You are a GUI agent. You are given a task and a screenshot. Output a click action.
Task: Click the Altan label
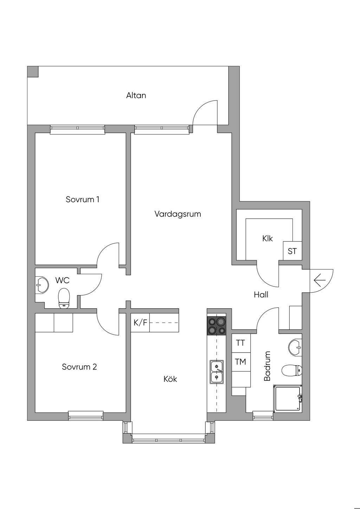pyautogui.click(x=136, y=95)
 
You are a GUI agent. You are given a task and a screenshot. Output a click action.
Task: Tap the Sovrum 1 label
pyautogui.click(x=82, y=200)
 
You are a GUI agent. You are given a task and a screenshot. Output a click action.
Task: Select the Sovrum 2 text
pyautogui.click(x=79, y=367)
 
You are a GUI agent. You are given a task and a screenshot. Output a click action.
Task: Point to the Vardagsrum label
pyautogui.click(x=178, y=214)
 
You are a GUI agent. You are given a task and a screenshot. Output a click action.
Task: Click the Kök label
pyautogui.click(x=170, y=379)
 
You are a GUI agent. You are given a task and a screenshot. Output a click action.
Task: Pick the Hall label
pyautogui.click(x=261, y=295)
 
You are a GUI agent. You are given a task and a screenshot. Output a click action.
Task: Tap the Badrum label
pyautogui.click(x=268, y=366)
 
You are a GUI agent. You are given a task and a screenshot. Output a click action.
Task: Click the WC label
pyautogui.click(x=62, y=280)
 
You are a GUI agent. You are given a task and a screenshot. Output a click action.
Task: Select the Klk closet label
pyautogui.click(x=267, y=238)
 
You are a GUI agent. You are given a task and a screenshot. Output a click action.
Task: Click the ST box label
pyautogui.click(x=292, y=251)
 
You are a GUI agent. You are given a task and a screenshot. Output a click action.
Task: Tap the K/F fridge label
pyautogui.click(x=140, y=322)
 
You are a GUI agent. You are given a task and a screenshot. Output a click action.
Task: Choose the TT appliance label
pyautogui.click(x=240, y=343)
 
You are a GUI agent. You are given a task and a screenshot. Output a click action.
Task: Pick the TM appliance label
pyautogui.click(x=240, y=361)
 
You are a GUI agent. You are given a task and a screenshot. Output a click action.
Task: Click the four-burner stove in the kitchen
pyautogui.click(x=217, y=326)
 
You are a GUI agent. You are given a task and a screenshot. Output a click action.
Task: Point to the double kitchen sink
pyautogui.click(x=217, y=372)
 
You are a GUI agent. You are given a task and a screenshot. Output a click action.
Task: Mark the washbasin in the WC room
pyautogui.click(x=42, y=284)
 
